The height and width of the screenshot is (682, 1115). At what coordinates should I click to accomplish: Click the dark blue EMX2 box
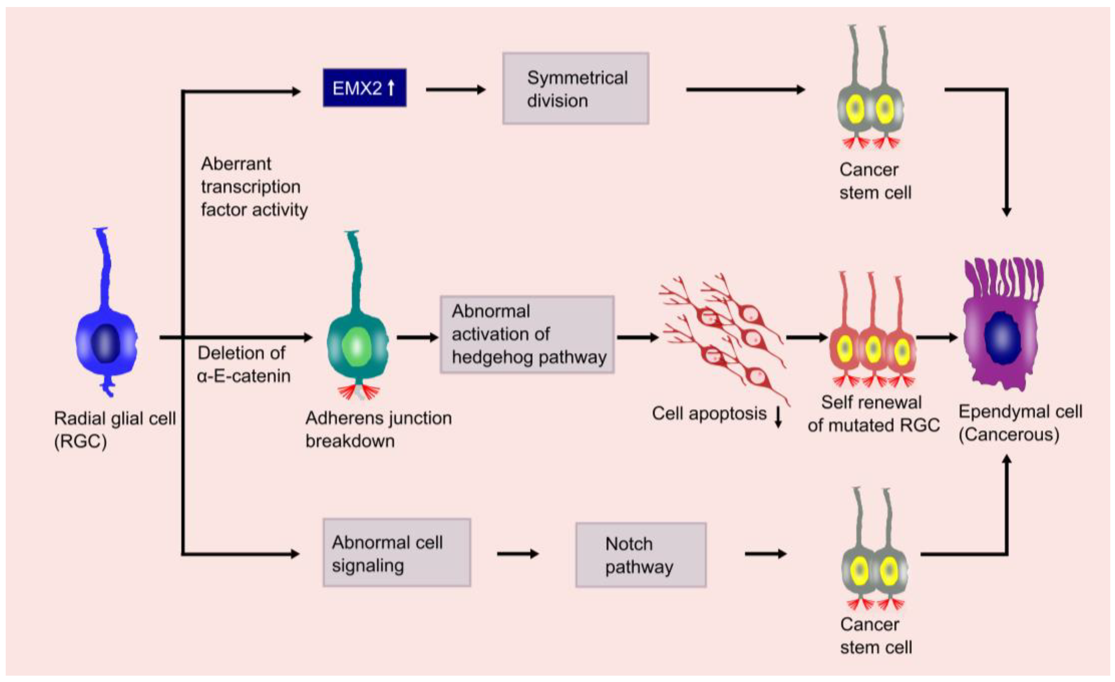[364, 88]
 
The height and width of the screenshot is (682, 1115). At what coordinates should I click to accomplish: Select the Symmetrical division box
[576, 89]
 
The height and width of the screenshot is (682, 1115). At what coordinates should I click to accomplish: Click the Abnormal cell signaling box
[396, 553]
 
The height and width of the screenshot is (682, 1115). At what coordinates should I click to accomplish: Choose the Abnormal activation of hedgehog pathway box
[527, 334]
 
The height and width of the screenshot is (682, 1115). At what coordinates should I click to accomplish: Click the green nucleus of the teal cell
[357, 347]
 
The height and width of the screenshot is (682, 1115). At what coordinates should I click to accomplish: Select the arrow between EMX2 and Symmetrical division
[455, 90]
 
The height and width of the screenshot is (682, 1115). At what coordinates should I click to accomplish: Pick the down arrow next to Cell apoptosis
[778, 417]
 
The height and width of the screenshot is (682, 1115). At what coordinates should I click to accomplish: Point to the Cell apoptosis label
[708, 413]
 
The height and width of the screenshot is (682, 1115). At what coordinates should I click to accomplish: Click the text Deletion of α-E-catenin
[244, 364]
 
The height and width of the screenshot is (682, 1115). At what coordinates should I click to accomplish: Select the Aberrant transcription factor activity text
[254, 187]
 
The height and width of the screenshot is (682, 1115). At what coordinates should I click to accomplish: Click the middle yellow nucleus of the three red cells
[872, 349]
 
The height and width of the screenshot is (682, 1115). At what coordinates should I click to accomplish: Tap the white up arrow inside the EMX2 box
[391, 88]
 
